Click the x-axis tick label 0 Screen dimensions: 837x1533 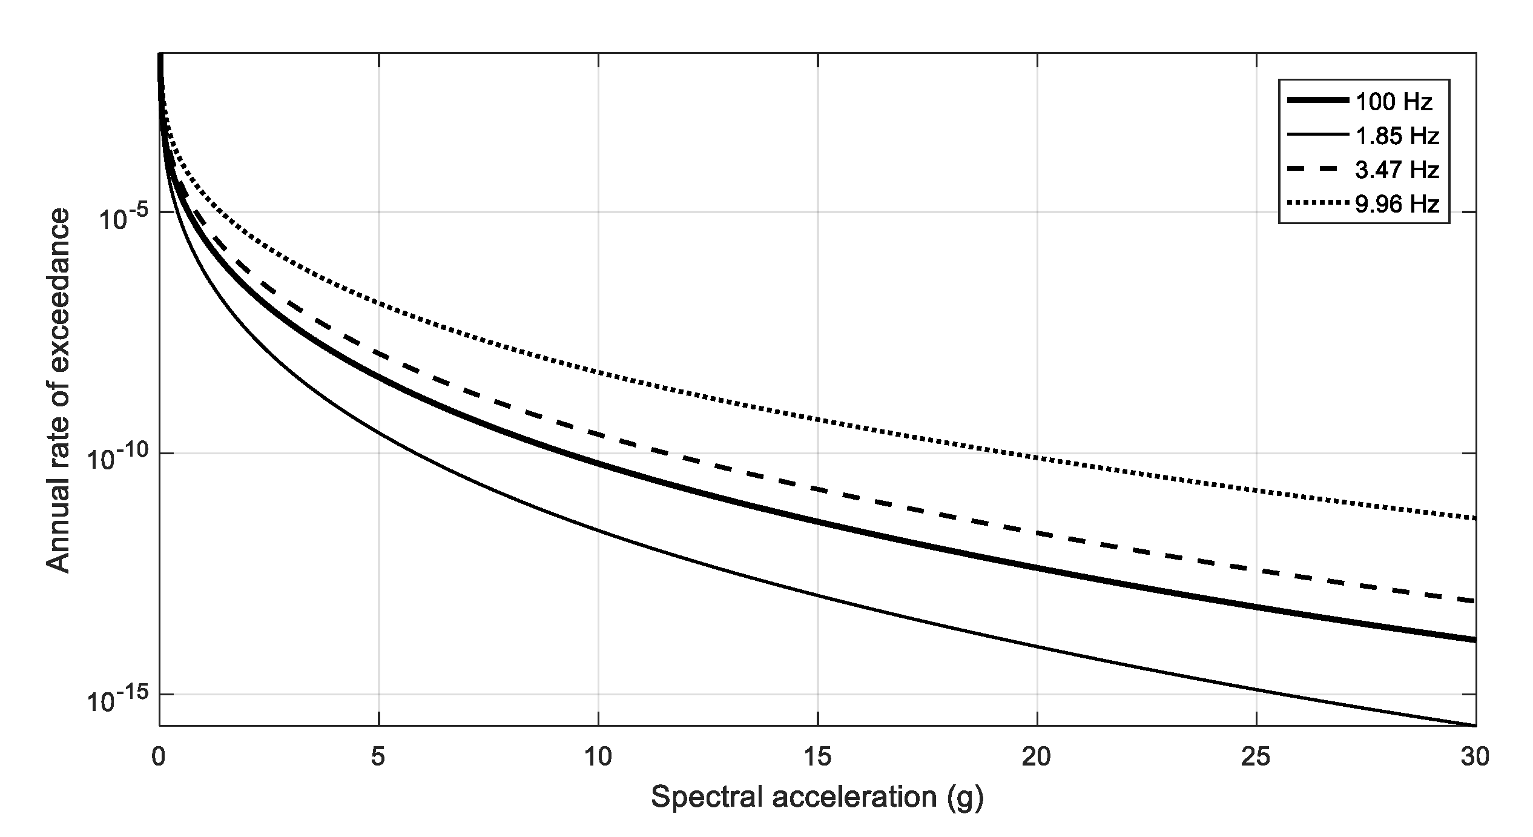[159, 757]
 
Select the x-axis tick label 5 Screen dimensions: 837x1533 [378, 757]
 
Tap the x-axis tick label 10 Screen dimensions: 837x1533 [598, 757]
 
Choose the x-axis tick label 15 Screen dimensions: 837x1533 [818, 757]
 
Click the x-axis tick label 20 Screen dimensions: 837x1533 [1037, 757]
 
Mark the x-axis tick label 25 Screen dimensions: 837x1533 [1257, 757]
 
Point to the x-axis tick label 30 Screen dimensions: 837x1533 [1475, 757]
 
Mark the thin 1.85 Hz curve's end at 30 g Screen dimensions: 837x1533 [1474, 725]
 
